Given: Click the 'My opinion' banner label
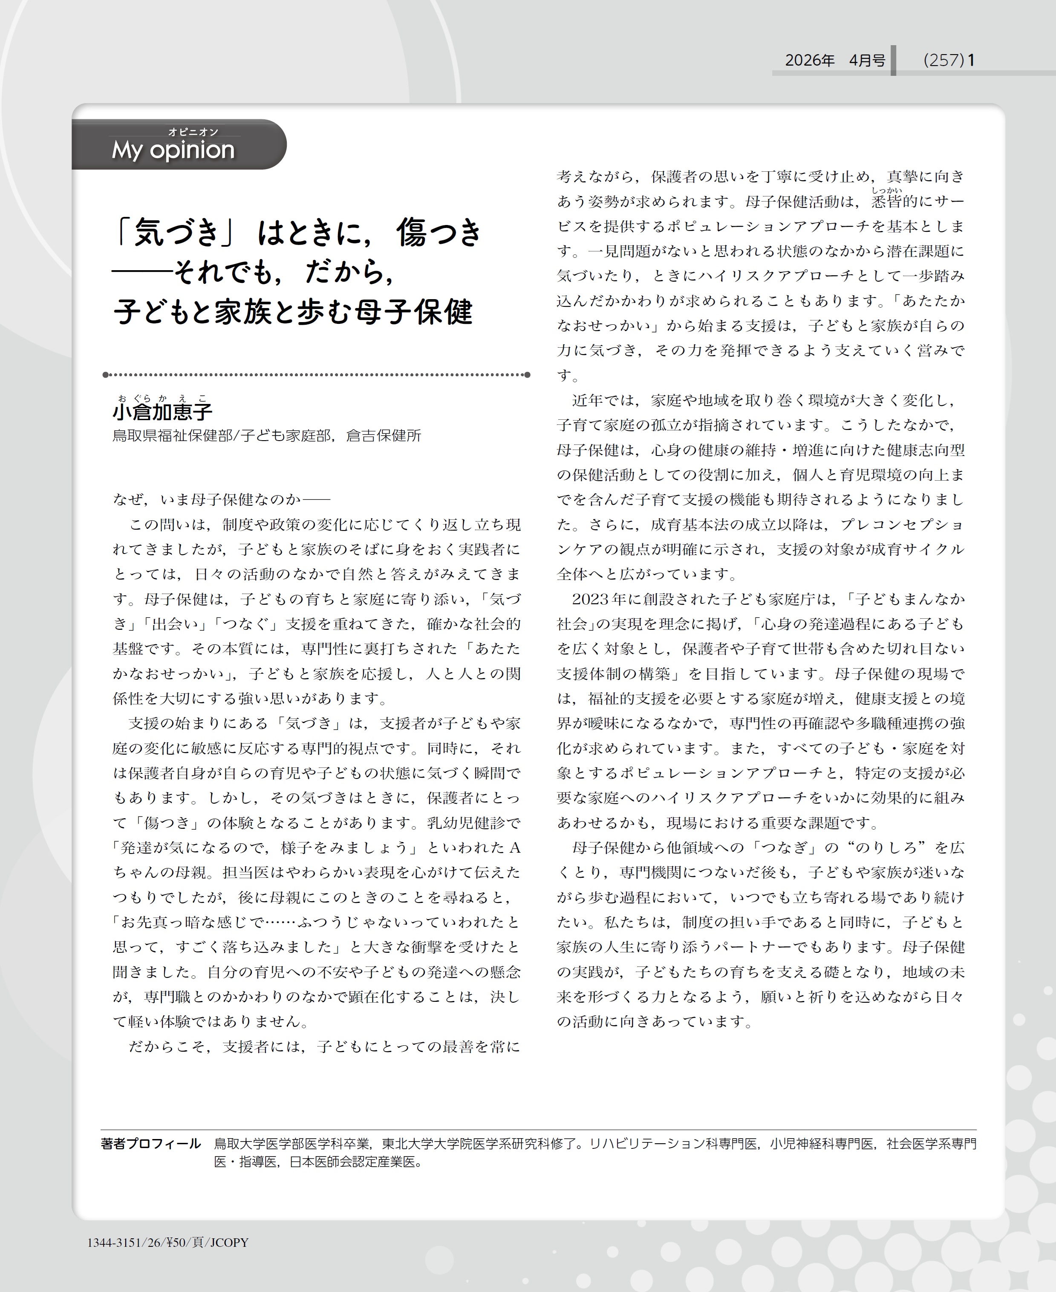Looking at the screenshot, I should click(x=173, y=150).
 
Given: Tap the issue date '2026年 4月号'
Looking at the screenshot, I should click(x=834, y=60).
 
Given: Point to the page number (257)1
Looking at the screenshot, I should click(x=948, y=60).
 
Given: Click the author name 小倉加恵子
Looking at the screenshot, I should click(x=162, y=412).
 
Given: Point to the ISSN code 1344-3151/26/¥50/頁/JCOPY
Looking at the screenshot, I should click(x=167, y=1242).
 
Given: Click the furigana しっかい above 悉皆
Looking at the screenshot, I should click(x=886, y=190).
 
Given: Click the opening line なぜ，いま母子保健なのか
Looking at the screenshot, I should click(x=220, y=499).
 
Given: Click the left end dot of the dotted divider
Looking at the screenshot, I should click(x=106, y=375).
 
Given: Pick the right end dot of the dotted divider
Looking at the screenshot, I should click(x=528, y=375).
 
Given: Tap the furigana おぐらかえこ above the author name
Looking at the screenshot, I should click(x=162, y=398).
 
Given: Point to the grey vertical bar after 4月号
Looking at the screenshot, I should click(x=893, y=60).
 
